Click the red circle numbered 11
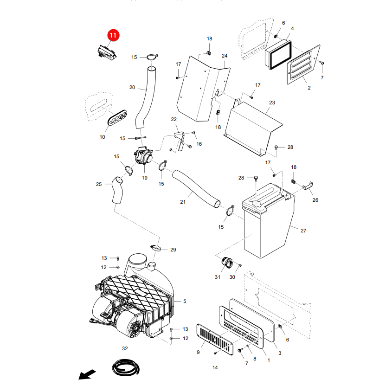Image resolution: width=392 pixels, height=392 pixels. pyautogui.click(x=113, y=35)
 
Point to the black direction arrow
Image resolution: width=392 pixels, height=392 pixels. pyautogui.click(x=87, y=374)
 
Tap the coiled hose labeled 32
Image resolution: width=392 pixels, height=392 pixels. pyautogui.click(x=126, y=367)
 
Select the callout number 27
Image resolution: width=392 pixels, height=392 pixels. pyautogui.click(x=303, y=231)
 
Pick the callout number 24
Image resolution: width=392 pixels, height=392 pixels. pyautogui.click(x=225, y=56)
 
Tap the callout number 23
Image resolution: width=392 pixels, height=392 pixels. pyautogui.click(x=272, y=103)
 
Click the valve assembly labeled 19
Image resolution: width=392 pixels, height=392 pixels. pyautogui.click(x=143, y=155)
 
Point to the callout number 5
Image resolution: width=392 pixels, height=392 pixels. pyautogui.click(x=185, y=301)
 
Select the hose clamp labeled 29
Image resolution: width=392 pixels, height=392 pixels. pyautogui.click(x=156, y=248)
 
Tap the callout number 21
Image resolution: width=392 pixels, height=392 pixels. pyautogui.click(x=183, y=202)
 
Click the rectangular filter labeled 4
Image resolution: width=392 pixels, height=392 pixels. pyautogui.click(x=278, y=55)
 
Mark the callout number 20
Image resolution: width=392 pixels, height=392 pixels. pyautogui.click(x=132, y=87)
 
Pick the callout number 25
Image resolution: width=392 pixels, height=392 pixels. pyautogui.click(x=99, y=184)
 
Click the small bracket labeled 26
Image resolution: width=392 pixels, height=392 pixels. pyautogui.click(x=308, y=186)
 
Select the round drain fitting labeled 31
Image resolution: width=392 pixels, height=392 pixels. pyautogui.click(x=226, y=263)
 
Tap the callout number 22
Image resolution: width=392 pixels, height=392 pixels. pyautogui.click(x=174, y=119)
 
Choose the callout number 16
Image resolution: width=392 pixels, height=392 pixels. pyautogui.click(x=199, y=144)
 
